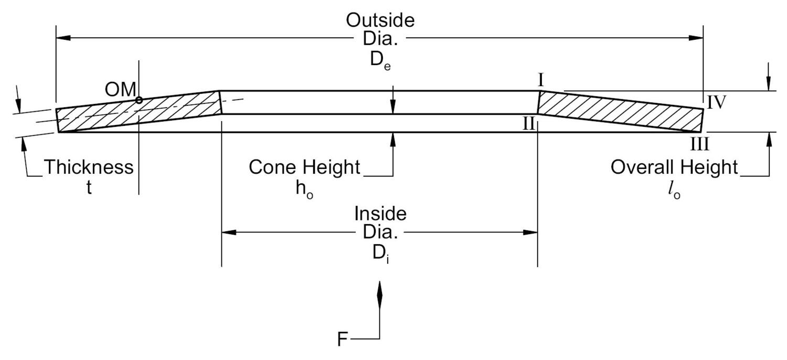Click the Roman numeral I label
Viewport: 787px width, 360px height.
click(x=541, y=80)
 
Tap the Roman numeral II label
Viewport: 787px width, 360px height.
click(x=528, y=124)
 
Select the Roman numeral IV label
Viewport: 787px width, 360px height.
click(x=717, y=102)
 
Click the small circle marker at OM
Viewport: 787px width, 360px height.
click(x=139, y=100)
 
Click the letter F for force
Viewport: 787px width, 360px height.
click(x=342, y=340)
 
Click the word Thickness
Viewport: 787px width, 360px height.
click(x=88, y=167)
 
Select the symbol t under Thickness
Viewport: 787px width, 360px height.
click(x=89, y=188)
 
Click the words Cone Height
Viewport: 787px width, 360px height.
click(x=305, y=167)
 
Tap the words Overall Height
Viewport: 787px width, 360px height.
click(x=674, y=167)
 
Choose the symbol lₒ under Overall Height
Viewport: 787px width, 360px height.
click(x=674, y=191)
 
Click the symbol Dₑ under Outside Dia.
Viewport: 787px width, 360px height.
click(x=380, y=60)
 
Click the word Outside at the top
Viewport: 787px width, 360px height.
click(x=380, y=20)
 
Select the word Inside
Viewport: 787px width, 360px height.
click(x=380, y=214)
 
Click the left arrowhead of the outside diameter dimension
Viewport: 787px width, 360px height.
click(x=63, y=38)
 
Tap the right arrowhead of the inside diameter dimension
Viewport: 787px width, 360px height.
click(x=530, y=232)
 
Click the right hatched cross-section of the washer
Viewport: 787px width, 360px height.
click(x=619, y=110)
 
